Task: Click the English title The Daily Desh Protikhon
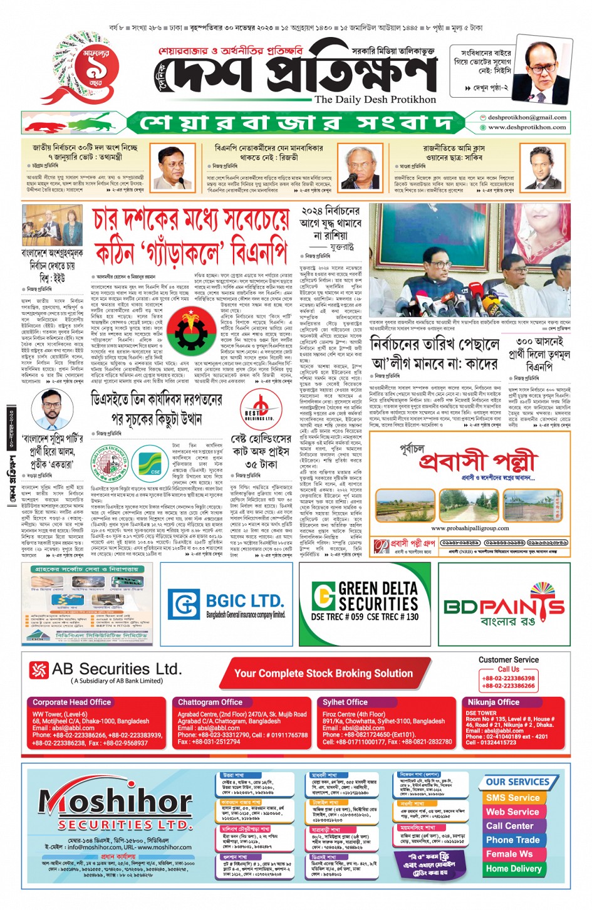pyautogui.click(x=375, y=100)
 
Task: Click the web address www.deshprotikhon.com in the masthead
pyautogui.click(x=527, y=127)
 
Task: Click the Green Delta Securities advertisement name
pyautogui.click(x=378, y=596)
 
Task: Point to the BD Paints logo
pyautogui.click(x=504, y=606)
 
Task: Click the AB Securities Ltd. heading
pyautogui.click(x=117, y=669)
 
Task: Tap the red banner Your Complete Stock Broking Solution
pyautogui.click(x=323, y=674)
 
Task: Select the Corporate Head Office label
pyautogui.click(x=71, y=703)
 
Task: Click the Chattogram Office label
pyautogui.click(x=210, y=703)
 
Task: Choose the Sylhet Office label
pyautogui.click(x=345, y=703)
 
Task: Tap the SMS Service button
pyautogui.click(x=512, y=798)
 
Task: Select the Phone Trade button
pyautogui.click(x=512, y=840)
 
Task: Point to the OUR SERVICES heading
pyautogui.click(x=517, y=782)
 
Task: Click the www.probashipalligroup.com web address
pyautogui.click(x=470, y=528)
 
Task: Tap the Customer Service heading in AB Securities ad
pyautogui.click(x=508, y=660)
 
